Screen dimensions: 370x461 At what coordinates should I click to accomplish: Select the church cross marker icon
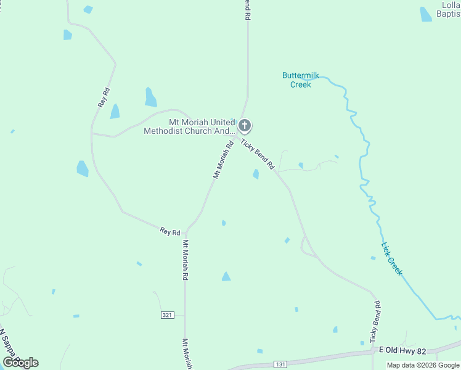[x=245, y=126]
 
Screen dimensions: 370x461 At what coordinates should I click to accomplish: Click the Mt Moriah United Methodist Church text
[x=189, y=126]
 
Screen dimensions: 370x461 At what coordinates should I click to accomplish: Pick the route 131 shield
[x=280, y=364]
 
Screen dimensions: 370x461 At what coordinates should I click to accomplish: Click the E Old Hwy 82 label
[x=402, y=350]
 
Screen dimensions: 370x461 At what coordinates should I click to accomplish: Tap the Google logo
[x=20, y=363]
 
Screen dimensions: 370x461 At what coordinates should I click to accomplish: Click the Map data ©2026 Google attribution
[x=423, y=365]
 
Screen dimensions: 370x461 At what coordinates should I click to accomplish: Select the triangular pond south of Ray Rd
[x=226, y=277]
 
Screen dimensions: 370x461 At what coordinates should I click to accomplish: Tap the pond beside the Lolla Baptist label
[x=426, y=14]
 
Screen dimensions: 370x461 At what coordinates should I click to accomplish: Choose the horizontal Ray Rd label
[x=169, y=232]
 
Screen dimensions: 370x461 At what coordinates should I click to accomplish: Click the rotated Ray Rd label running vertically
[x=104, y=98]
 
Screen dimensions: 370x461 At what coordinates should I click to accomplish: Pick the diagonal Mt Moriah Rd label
[x=223, y=160]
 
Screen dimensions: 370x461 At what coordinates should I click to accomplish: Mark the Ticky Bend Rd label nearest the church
[x=257, y=155]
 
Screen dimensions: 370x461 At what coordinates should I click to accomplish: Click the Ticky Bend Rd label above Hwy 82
[x=375, y=322]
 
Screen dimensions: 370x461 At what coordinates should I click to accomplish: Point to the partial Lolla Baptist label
[x=448, y=9]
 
